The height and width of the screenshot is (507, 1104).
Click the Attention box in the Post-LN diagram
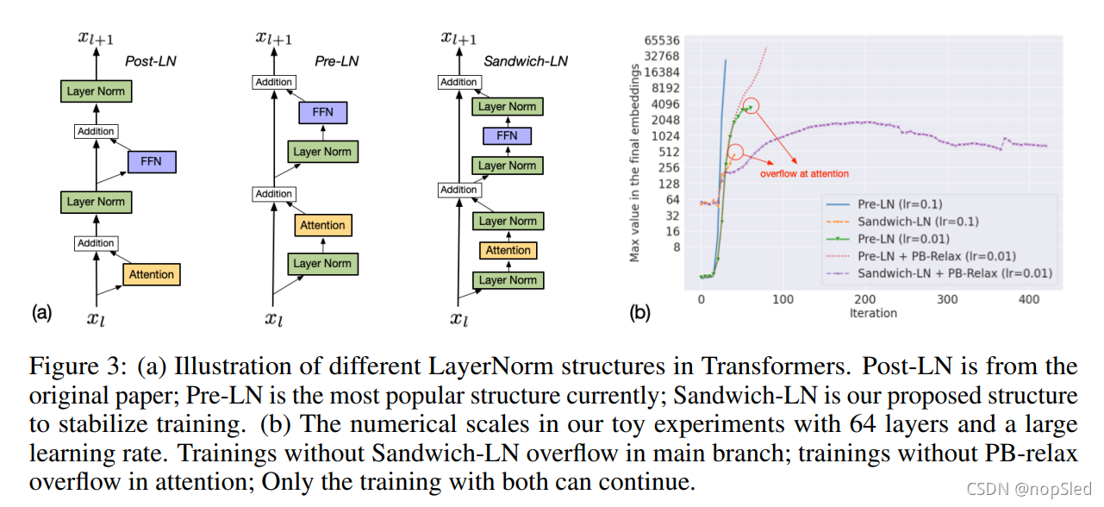pyautogui.click(x=152, y=274)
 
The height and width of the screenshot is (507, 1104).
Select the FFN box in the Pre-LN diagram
pyautogui.click(x=322, y=112)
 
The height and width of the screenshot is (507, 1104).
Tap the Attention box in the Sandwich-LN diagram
pyautogui.click(x=508, y=250)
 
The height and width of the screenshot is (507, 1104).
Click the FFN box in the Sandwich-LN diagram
pyautogui.click(x=507, y=135)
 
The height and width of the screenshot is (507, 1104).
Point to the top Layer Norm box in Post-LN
pyautogui.click(x=96, y=91)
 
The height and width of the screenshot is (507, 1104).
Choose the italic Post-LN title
pyautogui.click(x=150, y=62)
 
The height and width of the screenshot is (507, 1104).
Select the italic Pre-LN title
pyautogui.click(x=336, y=61)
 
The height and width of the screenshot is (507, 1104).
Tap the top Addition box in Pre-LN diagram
pyautogui.click(x=273, y=82)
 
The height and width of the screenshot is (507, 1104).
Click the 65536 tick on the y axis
pyautogui.click(x=662, y=41)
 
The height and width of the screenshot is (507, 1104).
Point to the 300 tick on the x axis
pyautogui.click(x=947, y=299)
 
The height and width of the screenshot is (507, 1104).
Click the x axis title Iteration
pyautogui.click(x=873, y=313)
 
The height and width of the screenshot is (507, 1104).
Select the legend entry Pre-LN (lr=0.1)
pyautogui.click(x=900, y=204)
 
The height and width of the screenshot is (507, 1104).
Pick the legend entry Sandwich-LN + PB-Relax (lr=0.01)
pyautogui.click(x=955, y=273)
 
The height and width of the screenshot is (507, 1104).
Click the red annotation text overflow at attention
pyautogui.click(x=803, y=173)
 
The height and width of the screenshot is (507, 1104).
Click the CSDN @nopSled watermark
pyautogui.click(x=1030, y=489)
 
